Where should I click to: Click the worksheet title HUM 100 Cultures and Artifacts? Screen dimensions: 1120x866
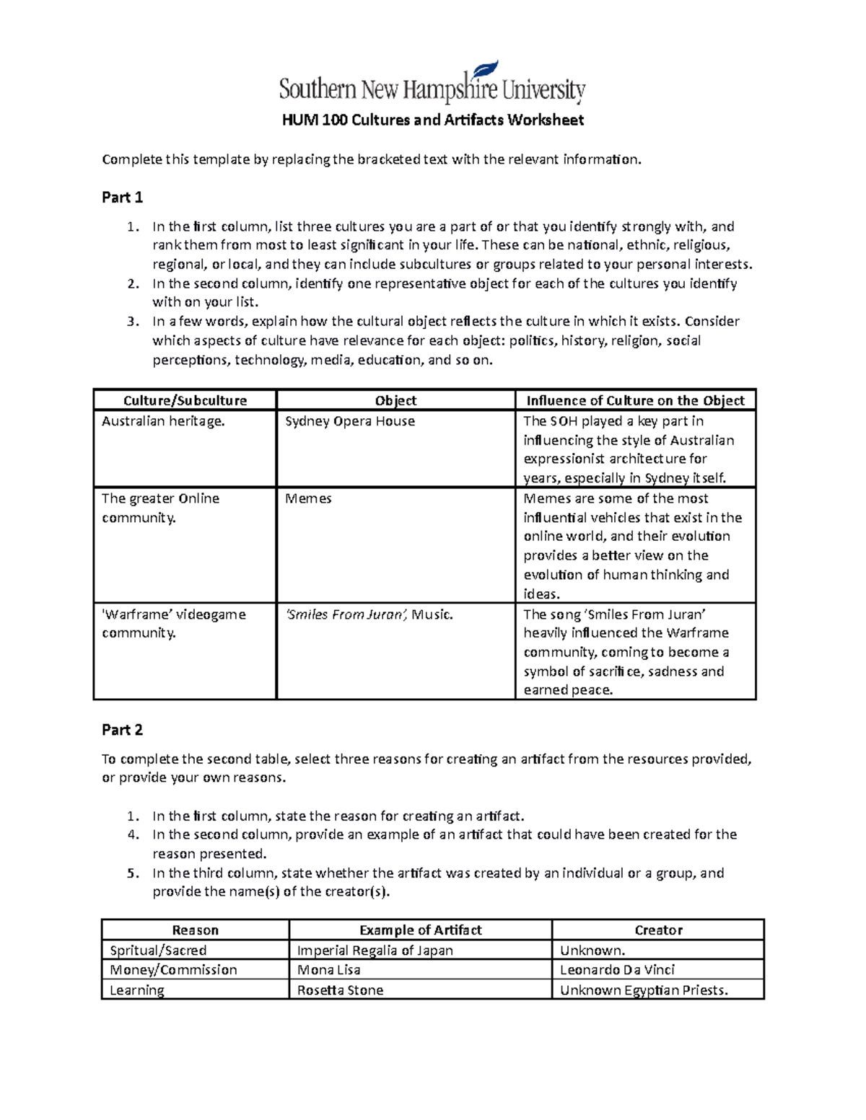[432, 120]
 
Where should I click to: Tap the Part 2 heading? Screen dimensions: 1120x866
[122, 730]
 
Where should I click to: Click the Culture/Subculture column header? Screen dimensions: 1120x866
[185, 401]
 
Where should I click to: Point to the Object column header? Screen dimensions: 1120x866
[395, 401]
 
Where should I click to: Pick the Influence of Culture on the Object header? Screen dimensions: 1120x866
[635, 401]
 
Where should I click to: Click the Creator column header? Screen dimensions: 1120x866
[658, 930]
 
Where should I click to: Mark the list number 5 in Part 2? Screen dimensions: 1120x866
[132, 873]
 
